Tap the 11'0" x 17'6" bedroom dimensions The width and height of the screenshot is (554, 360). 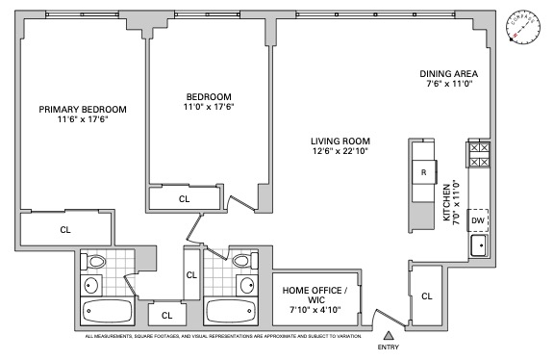coord(209,107)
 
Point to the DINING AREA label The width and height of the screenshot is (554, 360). coord(451,74)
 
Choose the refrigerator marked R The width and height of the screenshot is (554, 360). coord(423,172)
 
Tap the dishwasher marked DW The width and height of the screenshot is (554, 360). coord(477,220)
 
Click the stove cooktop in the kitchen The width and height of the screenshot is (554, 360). coord(478,156)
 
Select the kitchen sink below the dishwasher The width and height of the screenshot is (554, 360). coord(478,246)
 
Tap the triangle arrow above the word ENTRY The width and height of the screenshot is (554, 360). coord(388,334)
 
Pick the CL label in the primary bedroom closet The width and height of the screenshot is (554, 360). coord(65,229)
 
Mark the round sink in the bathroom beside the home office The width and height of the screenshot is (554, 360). coord(246,285)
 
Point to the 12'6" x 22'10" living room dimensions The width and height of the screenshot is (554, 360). coord(340,150)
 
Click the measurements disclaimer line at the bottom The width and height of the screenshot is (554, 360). coord(223,336)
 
